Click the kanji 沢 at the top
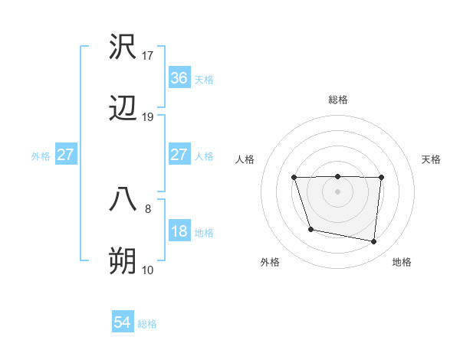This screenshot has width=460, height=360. pyautogui.click(x=123, y=47)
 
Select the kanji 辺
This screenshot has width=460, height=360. pyautogui.click(x=123, y=110)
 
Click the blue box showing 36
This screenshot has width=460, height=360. pyautogui.click(x=179, y=78)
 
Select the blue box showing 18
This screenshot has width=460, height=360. pyautogui.click(x=179, y=232)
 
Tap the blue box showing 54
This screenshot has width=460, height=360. pyautogui.click(x=123, y=323)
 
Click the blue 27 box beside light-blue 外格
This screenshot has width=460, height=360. pyautogui.click(x=66, y=155)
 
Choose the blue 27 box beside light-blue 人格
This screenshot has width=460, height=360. pyautogui.click(x=179, y=155)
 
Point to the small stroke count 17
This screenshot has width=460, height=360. pyautogui.click(x=148, y=55)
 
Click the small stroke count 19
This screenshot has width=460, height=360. pyautogui.click(x=148, y=117)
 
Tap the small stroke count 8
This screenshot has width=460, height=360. pyautogui.click(x=148, y=208)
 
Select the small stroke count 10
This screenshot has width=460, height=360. pyautogui.click(x=148, y=270)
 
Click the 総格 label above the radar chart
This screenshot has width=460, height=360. pyautogui.click(x=338, y=100)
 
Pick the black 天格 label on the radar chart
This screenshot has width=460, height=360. pyautogui.click(x=432, y=159)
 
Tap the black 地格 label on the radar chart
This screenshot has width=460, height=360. pyautogui.click(x=402, y=262)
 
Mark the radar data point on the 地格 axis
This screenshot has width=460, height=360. pyautogui.click(x=373, y=242)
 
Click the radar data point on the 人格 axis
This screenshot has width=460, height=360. pyautogui.click(x=294, y=178)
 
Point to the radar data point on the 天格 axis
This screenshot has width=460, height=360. pyautogui.click(x=381, y=178)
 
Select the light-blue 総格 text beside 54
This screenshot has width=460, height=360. pyautogui.click(x=147, y=324)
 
